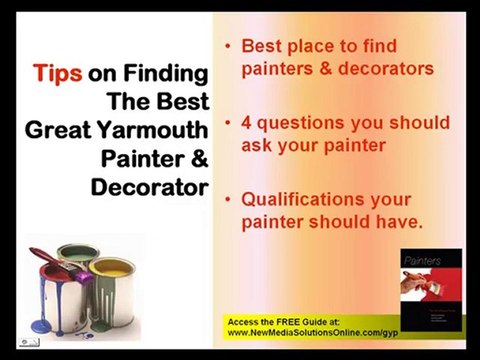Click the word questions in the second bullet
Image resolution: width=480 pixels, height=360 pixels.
(303, 123)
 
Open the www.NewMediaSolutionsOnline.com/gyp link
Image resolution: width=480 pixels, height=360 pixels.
(325, 332)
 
